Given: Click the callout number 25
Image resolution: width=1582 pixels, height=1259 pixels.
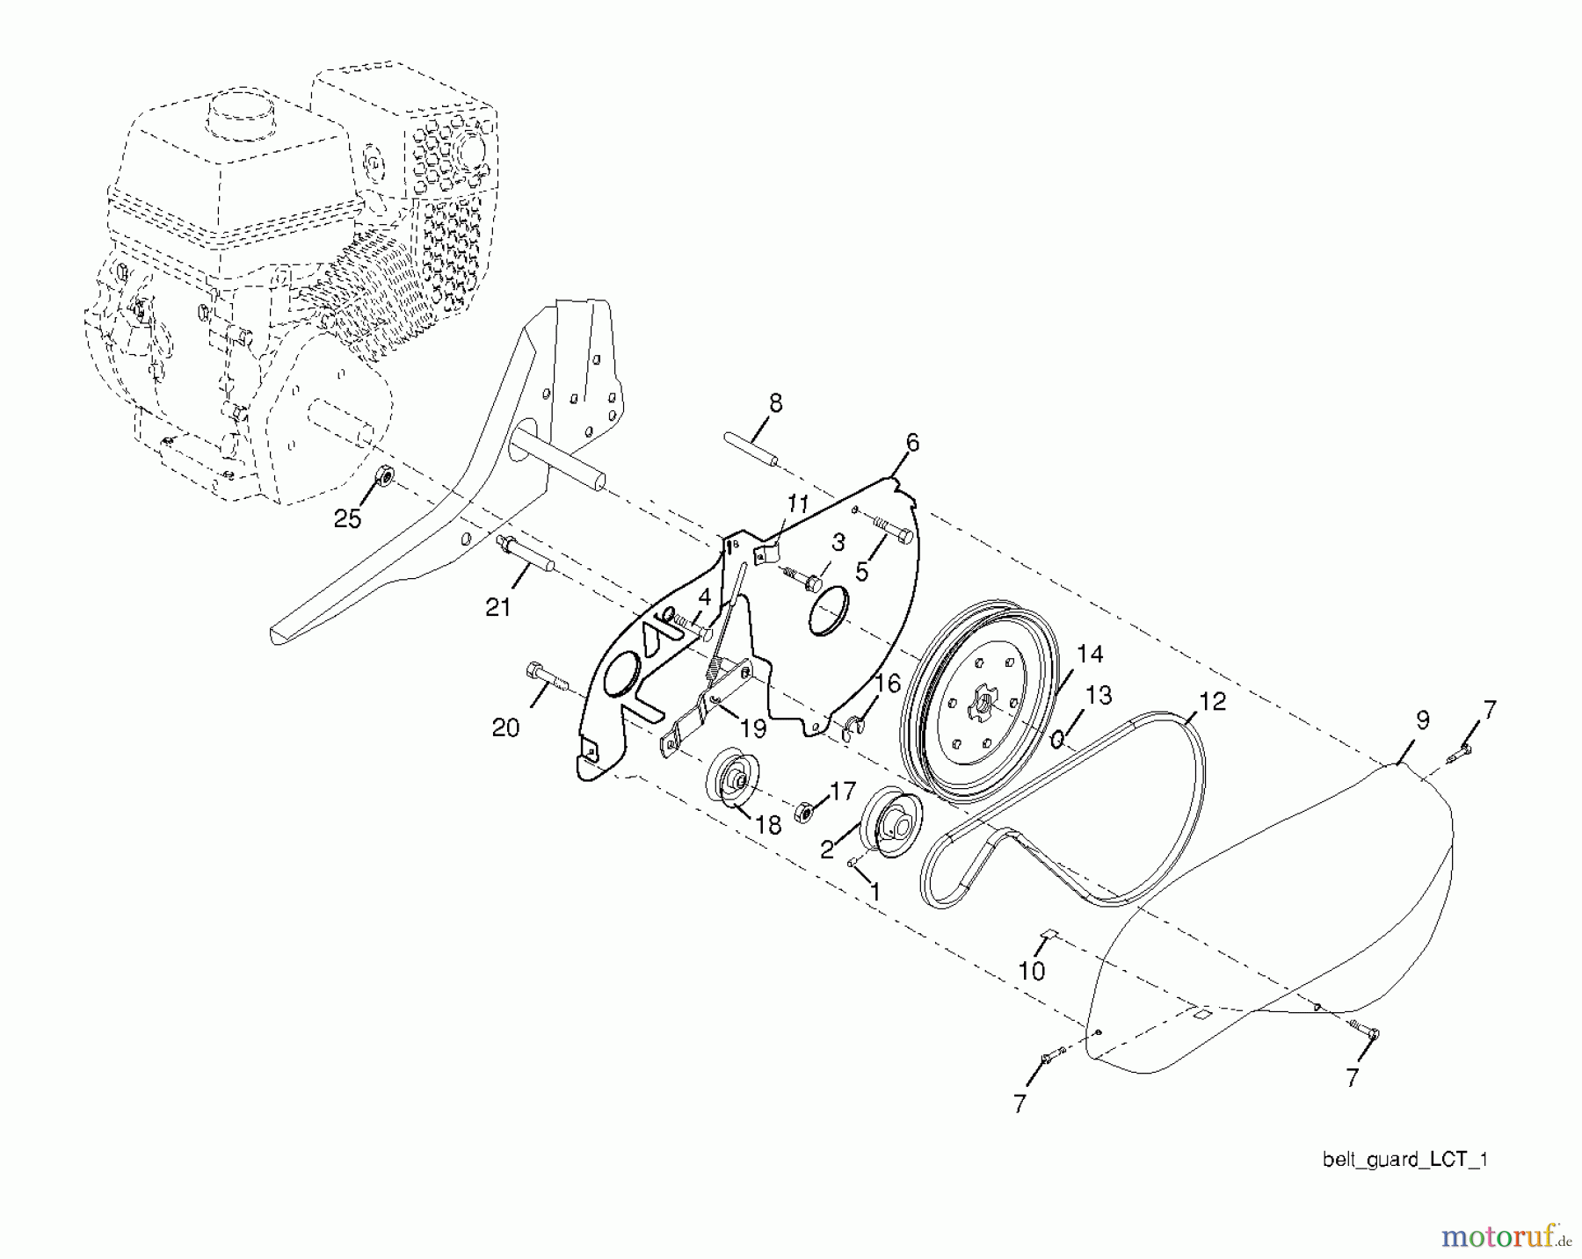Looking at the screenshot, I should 348,519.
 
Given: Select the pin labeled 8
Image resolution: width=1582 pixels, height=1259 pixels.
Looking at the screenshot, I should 751,450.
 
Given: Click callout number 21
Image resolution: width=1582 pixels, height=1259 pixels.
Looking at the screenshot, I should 498,607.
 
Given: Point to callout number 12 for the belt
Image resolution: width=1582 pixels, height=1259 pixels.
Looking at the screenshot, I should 1212,701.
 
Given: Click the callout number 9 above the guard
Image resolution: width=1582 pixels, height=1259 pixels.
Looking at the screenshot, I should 1423,720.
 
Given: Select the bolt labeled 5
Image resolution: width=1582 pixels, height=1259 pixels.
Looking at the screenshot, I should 891,531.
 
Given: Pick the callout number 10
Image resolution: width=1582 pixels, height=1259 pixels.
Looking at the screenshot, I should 1032,971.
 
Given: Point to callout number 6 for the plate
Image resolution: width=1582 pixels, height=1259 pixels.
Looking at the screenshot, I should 912,443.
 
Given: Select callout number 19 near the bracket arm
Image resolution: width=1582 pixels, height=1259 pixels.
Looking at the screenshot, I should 753,729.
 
